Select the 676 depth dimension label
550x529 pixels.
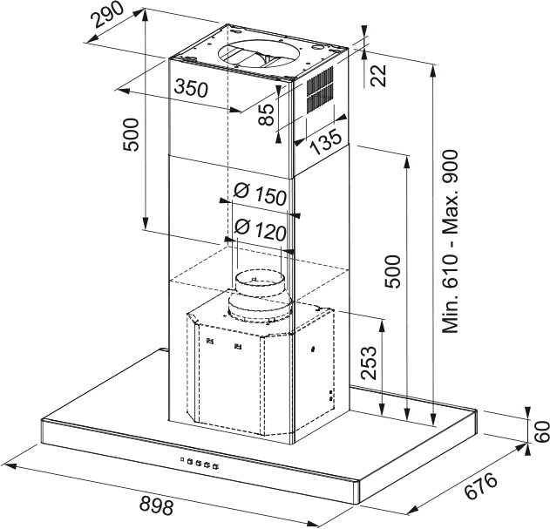[481, 485]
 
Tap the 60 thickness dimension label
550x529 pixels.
[542, 431]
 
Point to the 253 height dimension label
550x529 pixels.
[369, 363]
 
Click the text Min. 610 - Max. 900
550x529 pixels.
[451, 241]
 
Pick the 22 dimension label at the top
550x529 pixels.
[379, 76]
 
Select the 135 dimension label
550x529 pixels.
[326, 141]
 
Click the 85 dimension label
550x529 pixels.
[266, 114]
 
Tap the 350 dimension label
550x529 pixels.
[191, 88]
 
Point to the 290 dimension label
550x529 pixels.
[107, 15]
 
